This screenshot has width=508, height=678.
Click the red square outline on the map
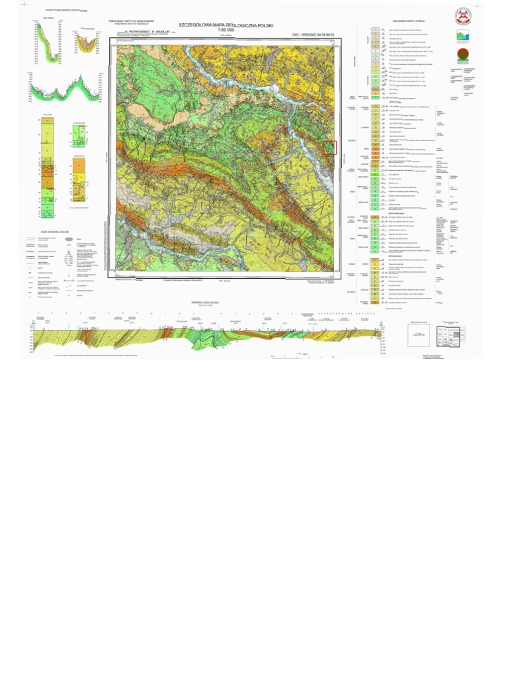pyautogui.click(x=330, y=148)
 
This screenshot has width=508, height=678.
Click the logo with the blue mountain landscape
pyautogui.click(x=464, y=37)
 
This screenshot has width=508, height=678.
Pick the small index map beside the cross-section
pyautogui.click(x=418, y=333)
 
